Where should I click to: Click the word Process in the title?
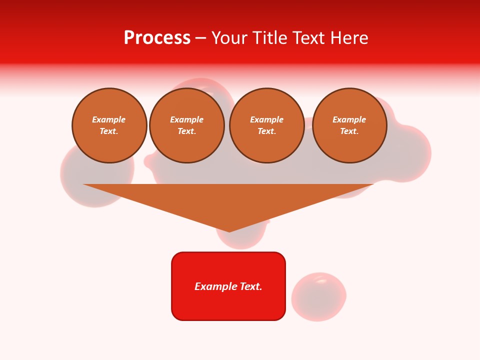[157, 38]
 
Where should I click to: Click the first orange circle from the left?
[109, 125]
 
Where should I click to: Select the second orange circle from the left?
[187, 125]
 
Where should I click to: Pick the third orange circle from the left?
[267, 125]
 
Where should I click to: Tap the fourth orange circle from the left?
[349, 125]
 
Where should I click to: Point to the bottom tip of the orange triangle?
[229, 230]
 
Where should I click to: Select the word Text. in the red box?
[250, 286]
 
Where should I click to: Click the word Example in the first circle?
[109, 119]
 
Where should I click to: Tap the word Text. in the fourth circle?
[349, 131]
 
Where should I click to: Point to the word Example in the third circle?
[267, 119]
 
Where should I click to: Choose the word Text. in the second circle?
[187, 131]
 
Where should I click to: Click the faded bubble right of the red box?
[318, 296]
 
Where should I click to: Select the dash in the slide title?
[201, 38]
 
